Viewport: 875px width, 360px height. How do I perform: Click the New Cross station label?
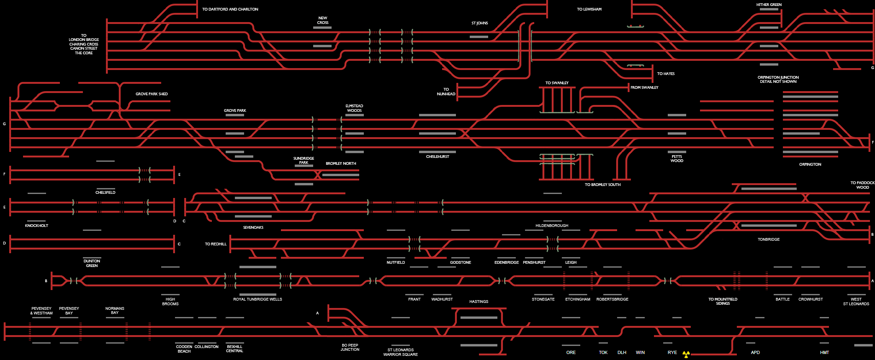click(x=322, y=20)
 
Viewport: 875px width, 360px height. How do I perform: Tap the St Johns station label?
click(x=479, y=23)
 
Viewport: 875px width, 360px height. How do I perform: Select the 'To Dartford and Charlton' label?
click(x=230, y=9)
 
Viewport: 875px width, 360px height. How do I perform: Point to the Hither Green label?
click(x=769, y=5)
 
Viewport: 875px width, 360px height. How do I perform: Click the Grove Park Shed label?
click(x=152, y=94)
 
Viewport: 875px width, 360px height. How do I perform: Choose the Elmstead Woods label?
click(x=354, y=108)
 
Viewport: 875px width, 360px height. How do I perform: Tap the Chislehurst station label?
click(x=437, y=157)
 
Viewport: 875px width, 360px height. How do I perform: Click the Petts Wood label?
click(x=677, y=159)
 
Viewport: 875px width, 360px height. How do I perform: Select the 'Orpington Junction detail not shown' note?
click(x=778, y=80)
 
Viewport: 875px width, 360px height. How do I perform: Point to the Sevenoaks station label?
click(x=253, y=227)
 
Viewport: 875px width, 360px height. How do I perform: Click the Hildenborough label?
click(x=552, y=226)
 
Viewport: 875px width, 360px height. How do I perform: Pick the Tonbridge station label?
click(x=769, y=239)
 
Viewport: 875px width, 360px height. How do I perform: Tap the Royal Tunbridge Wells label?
click(x=257, y=299)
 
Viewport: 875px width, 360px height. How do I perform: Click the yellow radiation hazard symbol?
click(x=686, y=354)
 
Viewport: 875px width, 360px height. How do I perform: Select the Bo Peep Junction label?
click(x=350, y=347)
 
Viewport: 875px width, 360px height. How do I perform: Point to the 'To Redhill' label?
click(x=216, y=244)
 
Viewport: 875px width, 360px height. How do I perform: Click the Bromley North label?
click(x=341, y=163)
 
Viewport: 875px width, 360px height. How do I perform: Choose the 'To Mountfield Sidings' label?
click(x=723, y=301)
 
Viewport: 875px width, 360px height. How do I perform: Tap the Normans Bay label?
click(x=115, y=310)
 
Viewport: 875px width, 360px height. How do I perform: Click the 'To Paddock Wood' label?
click(x=863, y=185)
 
